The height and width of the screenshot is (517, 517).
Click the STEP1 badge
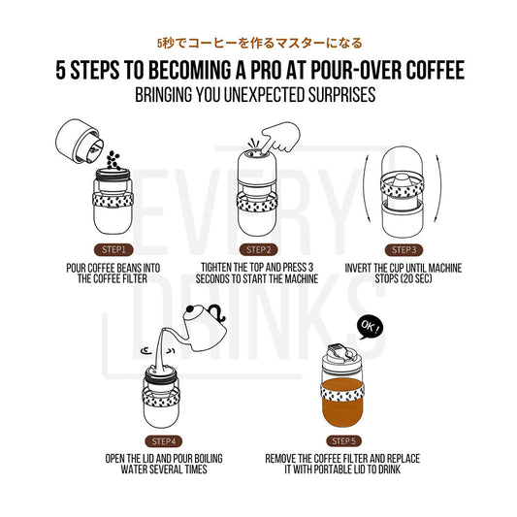103,247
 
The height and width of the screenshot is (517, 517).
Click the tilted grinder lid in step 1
78,141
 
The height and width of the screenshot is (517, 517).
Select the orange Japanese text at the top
258,43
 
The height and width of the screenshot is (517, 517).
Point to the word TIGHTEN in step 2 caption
224,265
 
